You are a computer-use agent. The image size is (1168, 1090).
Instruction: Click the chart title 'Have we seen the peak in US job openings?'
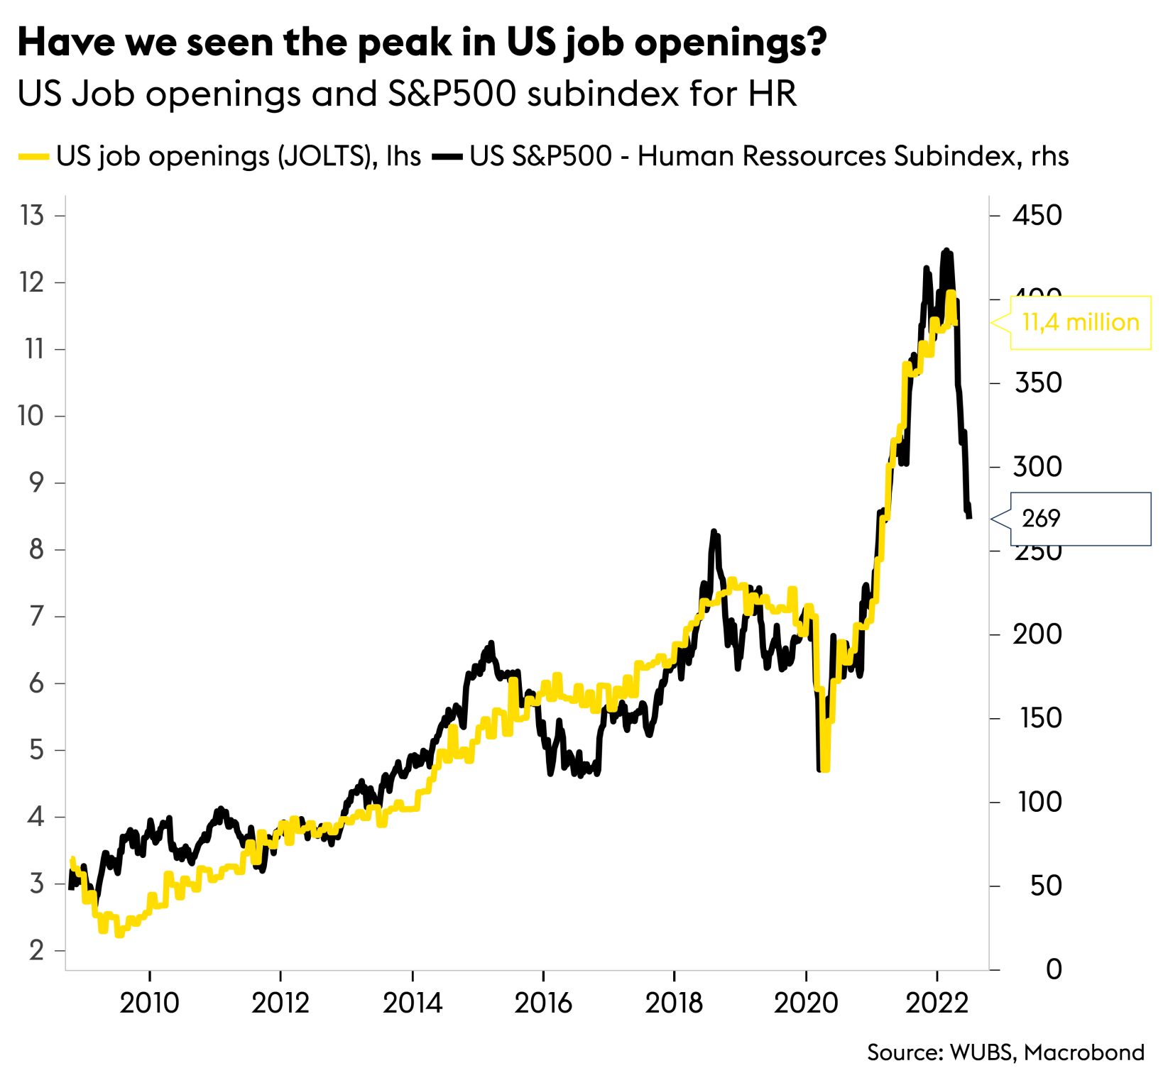pos(422,43)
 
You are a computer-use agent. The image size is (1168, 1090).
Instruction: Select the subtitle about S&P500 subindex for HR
pos(407,94)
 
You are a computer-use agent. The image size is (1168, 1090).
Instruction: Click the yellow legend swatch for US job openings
pos(33,156)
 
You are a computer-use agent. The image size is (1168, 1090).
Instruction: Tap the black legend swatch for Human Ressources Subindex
pos(447,156)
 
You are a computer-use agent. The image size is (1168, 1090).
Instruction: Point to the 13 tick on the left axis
pos(33,215)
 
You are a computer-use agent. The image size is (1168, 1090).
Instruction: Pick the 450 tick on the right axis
pos(1037,215)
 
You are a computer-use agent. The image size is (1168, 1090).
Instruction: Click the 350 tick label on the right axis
pos(1037,383)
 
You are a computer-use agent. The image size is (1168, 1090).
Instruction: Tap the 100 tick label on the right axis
pos(1039,802)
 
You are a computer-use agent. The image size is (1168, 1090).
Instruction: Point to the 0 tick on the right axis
pos(1054,969)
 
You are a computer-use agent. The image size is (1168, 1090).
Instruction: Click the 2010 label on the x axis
pos(149,1003)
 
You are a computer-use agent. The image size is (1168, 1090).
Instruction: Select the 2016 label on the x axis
pos(543,1003)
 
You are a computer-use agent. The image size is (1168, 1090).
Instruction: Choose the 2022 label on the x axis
pos(937,1003)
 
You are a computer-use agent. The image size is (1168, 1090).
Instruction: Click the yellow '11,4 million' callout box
pos(1080,323)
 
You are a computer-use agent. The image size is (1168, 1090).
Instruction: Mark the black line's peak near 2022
pos(945,251)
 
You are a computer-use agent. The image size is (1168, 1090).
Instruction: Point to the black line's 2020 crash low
pos(820,769)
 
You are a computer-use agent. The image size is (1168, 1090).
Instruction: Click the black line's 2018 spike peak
pos(714,532)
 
